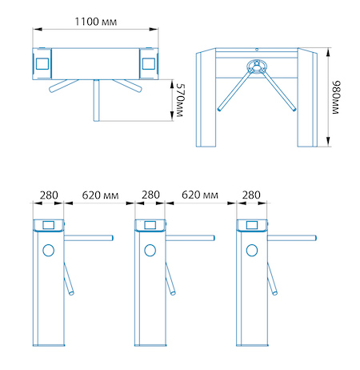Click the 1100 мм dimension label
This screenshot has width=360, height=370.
[95, 22]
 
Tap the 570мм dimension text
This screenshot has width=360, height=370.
[181, 100]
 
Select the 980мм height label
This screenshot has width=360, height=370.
[336, 98]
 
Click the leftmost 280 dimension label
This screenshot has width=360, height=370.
[49, 195]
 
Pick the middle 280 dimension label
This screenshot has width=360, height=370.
[150, 195]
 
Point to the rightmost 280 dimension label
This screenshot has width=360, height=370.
[251, 195]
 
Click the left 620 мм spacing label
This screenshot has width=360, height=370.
[100, 195]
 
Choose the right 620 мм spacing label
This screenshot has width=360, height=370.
[200, 195]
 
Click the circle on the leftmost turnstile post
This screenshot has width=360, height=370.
[49, 251]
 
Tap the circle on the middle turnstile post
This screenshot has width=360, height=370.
[150, 251]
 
